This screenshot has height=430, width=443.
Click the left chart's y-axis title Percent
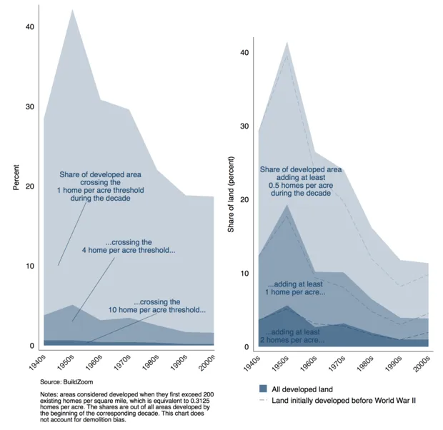coord(16,176)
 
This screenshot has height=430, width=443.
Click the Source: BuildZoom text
coord(61,383)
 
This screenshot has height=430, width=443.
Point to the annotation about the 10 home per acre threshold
coord(170,306)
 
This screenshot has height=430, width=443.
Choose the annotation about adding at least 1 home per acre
coord(297,288)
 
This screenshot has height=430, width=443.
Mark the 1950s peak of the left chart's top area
coord(71,10)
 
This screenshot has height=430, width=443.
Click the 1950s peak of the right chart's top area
coord(287,42)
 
